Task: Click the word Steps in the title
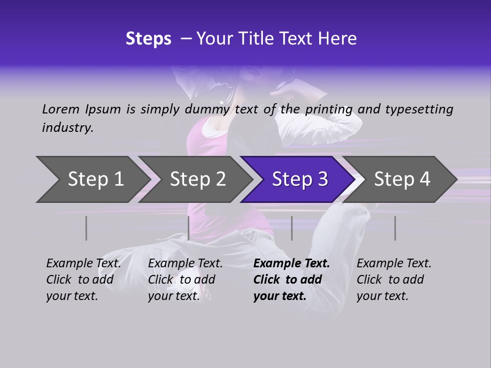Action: coord(148,39)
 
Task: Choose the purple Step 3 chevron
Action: coord(300,179)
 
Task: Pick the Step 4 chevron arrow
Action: coord(402,179)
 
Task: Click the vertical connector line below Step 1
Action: coord(86,228)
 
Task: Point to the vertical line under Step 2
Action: coord(189,228)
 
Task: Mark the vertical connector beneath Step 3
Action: coord(292,228)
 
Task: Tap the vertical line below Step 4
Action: coord(395,228)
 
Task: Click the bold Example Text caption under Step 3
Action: coord(292,280)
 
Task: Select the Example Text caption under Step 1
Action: coord(83,280)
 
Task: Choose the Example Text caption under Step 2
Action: coord(185,280)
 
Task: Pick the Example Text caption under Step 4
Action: coord(394,280)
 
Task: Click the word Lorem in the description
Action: coord(61,109)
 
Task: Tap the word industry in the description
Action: coord(68,128)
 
